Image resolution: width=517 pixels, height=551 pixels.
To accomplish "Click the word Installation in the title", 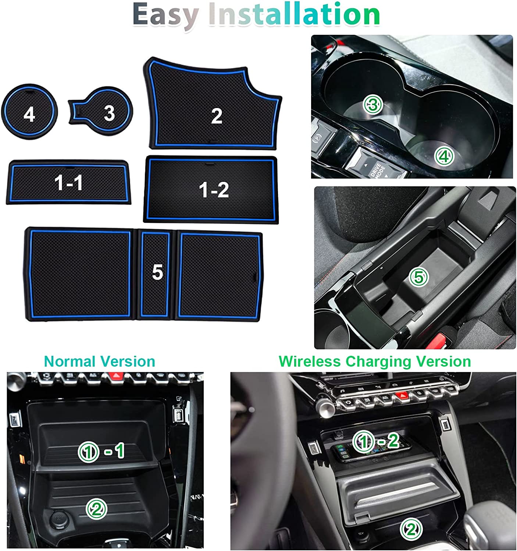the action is point(294,14).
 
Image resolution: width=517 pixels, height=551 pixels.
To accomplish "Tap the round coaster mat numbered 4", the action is point(29,112).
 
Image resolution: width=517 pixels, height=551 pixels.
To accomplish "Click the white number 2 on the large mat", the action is point(217,116).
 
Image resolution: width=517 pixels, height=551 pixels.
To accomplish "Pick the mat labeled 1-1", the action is point(68,182).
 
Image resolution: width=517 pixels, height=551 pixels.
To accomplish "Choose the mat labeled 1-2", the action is point(211,190).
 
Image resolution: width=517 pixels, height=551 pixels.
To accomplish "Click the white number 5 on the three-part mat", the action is point(157,272).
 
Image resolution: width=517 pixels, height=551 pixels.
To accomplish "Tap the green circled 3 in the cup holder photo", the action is point(373,105).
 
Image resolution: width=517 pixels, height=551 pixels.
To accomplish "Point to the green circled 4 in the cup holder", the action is point(444,156).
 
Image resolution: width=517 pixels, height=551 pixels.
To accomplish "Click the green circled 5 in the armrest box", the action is point(419,277).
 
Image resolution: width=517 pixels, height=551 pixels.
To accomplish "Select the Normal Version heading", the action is point(99,361).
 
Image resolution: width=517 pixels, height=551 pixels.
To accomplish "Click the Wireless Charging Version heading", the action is point(375,361).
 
